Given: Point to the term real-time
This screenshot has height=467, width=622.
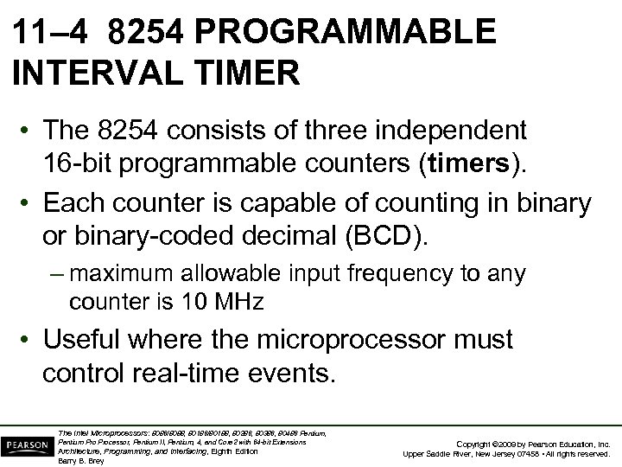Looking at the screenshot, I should point(200,373).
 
